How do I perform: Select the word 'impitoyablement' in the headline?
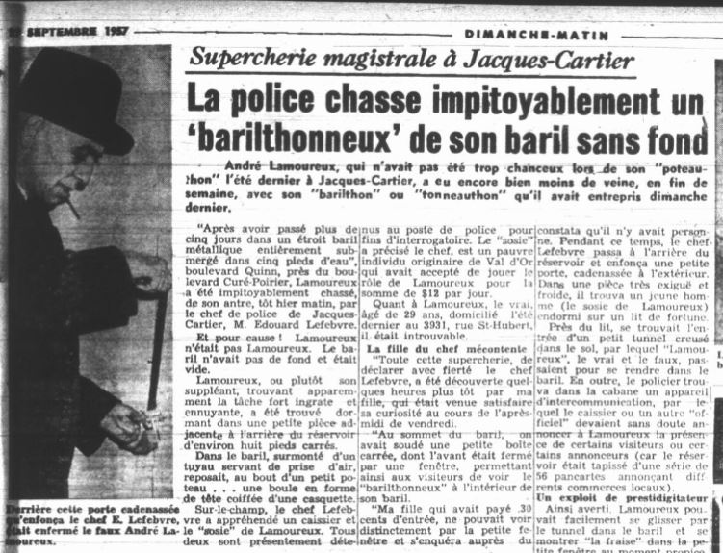coord(492,98)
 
